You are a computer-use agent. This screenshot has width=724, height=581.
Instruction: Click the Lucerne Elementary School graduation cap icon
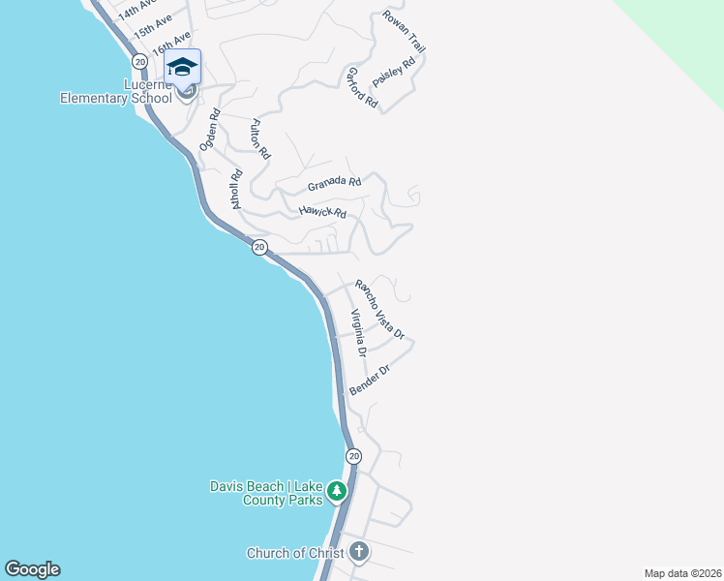coord(182,67)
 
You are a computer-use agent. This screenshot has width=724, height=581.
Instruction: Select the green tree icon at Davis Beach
coord(336,491)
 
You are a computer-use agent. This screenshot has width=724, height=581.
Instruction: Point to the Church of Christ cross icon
coord(359,553)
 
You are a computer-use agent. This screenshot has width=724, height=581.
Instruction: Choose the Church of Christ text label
coord(295,554)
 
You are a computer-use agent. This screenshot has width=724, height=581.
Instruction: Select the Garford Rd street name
coord(361,86)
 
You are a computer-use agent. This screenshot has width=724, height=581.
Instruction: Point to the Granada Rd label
coord(334,183)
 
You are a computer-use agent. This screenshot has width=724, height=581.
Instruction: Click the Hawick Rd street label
coord(322,211)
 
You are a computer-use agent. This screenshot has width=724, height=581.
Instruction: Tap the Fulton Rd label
coord(259,138)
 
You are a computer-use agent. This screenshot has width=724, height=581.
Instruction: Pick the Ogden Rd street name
coord(210,129)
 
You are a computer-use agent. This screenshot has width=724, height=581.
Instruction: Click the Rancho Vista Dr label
coord(378,309)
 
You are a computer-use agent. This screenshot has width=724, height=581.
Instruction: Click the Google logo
coord(32,569)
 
